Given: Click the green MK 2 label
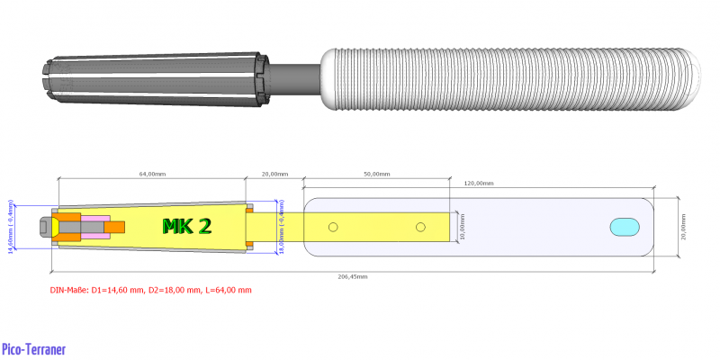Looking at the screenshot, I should click(186, 226).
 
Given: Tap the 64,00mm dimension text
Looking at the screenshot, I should click(150, 173).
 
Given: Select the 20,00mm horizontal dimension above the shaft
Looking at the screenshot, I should click(275, 173).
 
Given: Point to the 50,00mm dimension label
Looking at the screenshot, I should click(377, 173).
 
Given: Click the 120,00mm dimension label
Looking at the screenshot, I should click(479, 183).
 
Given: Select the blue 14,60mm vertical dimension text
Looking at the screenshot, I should click(11, 227).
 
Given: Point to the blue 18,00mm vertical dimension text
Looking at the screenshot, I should click(281, 227).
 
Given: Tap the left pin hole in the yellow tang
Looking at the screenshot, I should click(332, 227).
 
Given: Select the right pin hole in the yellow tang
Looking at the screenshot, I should click(420, 227).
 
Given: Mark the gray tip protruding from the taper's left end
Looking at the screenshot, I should click(45, 227).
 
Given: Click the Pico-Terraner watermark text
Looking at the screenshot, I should click(34, 349).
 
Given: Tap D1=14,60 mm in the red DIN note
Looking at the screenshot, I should click(115, 290).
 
